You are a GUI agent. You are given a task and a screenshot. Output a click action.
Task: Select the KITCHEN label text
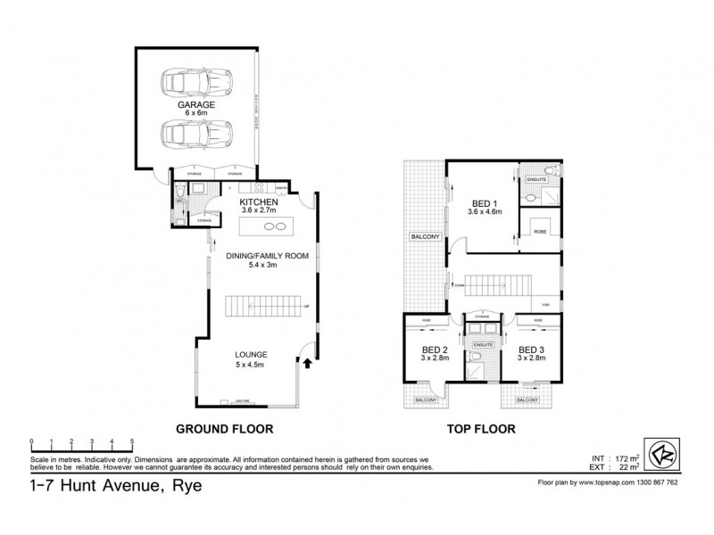point(260,202)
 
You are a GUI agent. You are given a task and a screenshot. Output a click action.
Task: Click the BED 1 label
point(482,202)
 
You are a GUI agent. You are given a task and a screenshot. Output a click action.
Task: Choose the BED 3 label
point(531,349)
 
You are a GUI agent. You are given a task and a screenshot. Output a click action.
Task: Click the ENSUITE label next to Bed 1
point(535,179)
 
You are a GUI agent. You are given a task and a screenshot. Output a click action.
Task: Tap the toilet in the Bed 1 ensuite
point(550,169)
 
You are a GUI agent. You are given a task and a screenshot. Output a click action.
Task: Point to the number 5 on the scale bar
point(132,442)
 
